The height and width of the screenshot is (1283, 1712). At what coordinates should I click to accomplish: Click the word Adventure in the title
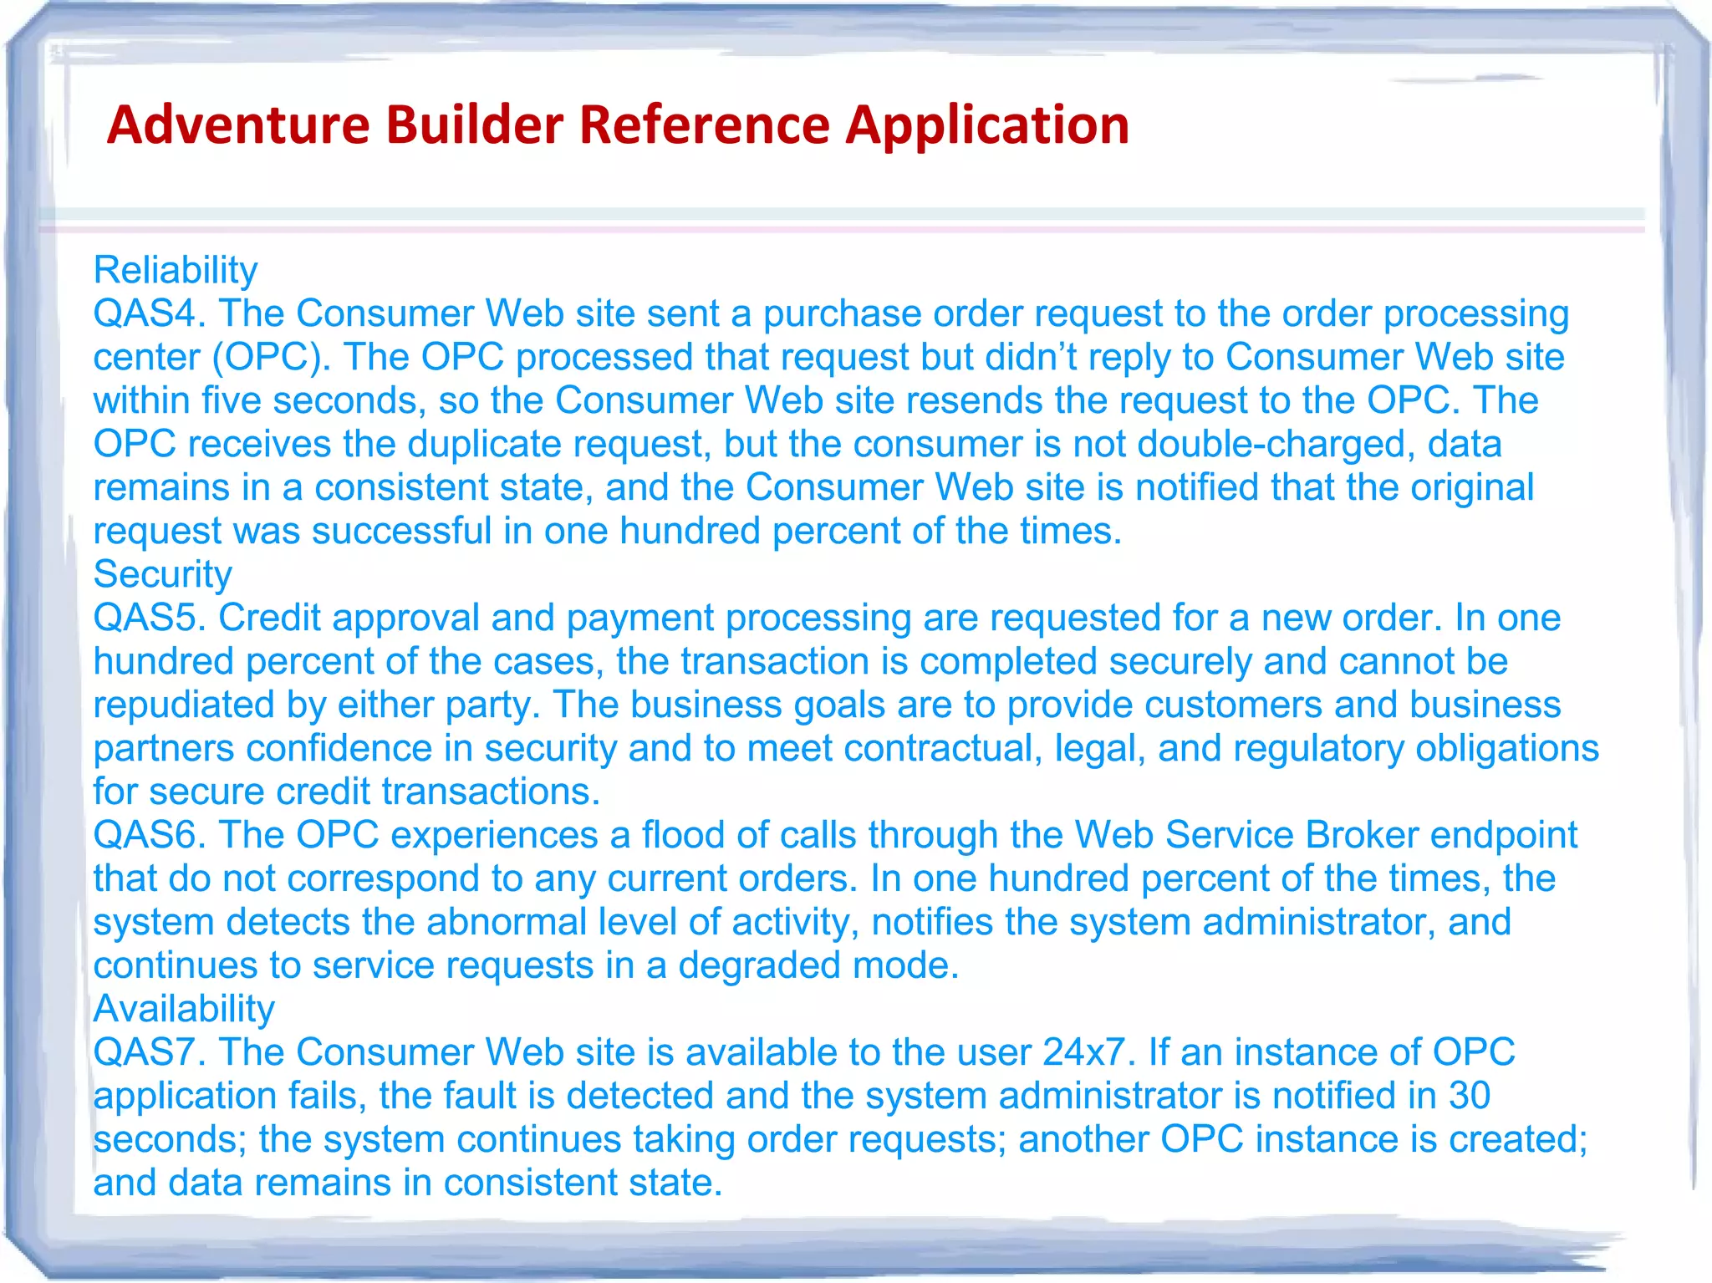point(238,125)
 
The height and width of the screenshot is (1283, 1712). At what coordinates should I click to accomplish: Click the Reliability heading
point(176,270)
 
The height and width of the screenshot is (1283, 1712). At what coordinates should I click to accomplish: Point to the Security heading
point(162,574)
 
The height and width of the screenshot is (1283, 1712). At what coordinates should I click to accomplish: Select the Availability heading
point(184,1009)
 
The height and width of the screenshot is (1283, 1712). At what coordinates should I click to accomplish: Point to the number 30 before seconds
point(1469,1096)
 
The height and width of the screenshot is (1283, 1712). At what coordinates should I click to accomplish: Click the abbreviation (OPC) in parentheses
point(271,357)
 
